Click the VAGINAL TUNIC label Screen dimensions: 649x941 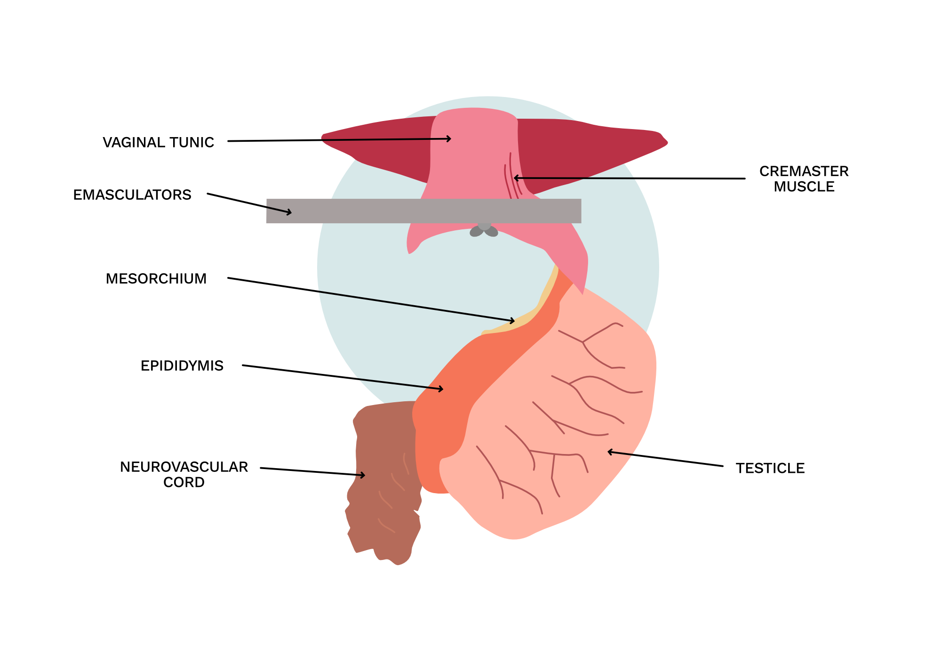(x=158, y=142)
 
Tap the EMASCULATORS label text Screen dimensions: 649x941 (x=132, y=195)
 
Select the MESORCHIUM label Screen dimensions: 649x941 (x=156, y=279)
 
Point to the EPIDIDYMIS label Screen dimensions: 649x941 (x=182, y=366)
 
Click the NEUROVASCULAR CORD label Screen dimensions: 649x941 (x=184, y=474)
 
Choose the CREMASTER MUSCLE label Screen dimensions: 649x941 (x=804, y=179)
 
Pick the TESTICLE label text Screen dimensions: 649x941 (x=770, y=468)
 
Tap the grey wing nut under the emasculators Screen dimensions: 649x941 (x=484, y=230)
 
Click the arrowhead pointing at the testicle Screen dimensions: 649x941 (x=609, y=452)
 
